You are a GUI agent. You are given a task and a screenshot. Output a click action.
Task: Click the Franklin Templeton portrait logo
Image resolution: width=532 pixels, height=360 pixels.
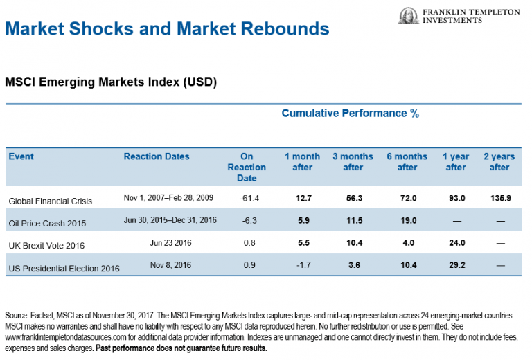click(x=409, y=16)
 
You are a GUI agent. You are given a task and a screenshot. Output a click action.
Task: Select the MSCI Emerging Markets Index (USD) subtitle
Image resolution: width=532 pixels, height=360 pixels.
click(x=111, y=82)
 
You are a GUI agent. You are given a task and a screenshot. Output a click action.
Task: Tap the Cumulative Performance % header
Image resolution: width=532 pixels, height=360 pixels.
click(x=350, y=114)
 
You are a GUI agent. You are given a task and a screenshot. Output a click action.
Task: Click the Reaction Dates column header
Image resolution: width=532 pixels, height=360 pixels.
click(x=157, y=156)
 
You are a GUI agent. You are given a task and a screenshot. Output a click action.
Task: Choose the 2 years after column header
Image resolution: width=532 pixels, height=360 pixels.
click(x=499, y=162)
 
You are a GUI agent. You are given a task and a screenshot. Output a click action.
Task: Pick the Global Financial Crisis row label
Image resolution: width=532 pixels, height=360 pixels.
click(x=50, y=201)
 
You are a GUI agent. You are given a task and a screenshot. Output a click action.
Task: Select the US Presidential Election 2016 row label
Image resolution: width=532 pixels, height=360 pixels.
click(x=64, y=268)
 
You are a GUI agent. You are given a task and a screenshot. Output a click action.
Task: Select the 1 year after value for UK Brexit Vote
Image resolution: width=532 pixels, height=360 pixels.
click(x=455, y=244)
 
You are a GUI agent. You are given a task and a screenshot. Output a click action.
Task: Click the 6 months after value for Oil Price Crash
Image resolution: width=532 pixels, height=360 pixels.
click(x=407, y=222)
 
